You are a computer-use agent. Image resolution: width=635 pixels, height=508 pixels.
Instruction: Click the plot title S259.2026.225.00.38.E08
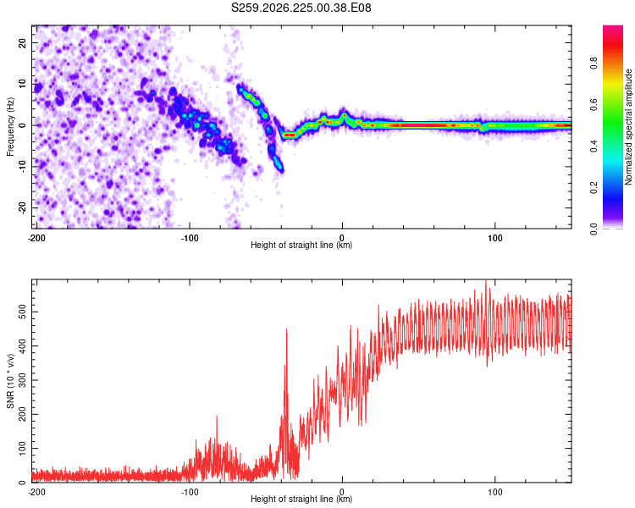[x=301, y=8]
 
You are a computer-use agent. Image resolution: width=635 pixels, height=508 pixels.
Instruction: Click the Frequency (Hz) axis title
[x=10, y=127]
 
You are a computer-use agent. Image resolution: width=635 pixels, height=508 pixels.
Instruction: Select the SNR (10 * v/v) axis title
[x=10, y=381]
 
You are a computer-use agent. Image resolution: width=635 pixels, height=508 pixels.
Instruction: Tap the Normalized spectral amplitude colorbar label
[x=628, y=127]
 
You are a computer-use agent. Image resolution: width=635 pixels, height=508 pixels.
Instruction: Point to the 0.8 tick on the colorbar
[x=594, y=63]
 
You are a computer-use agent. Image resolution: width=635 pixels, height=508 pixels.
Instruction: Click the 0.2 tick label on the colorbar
[x=594, y=187]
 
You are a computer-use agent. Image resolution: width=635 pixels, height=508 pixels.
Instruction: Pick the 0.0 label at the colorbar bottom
[x=594, y=229]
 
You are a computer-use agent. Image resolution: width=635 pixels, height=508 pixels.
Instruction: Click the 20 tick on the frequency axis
[x=23, y=43]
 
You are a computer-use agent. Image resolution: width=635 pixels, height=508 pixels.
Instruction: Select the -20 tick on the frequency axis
[x=23, y=208]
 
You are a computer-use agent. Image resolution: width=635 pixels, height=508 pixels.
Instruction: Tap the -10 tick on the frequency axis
[x=23, y=167]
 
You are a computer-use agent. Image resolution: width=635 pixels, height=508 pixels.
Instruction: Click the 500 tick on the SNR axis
[x=23, y=312]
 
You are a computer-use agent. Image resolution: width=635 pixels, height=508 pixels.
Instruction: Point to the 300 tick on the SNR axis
[x=23, y=380]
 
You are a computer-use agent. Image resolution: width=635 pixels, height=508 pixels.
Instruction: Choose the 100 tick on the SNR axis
[x=23, y=449]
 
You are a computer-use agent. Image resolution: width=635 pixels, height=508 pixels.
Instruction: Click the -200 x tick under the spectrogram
[x=36, y=238]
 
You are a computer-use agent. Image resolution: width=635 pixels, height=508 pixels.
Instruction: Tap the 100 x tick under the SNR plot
[x=495, y=492]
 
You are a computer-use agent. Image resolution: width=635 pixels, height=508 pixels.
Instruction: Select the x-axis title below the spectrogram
[x=301, y=245]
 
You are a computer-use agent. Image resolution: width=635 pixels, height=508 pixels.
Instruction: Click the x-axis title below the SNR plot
[x=301, y=499]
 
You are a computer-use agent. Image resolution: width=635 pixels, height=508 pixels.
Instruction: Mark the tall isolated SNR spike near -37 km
[x=287, y=329]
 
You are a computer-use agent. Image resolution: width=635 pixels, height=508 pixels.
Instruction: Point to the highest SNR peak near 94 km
[x=486, y=281]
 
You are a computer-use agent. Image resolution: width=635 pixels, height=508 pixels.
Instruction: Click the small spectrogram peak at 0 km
[x=345, y=115]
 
